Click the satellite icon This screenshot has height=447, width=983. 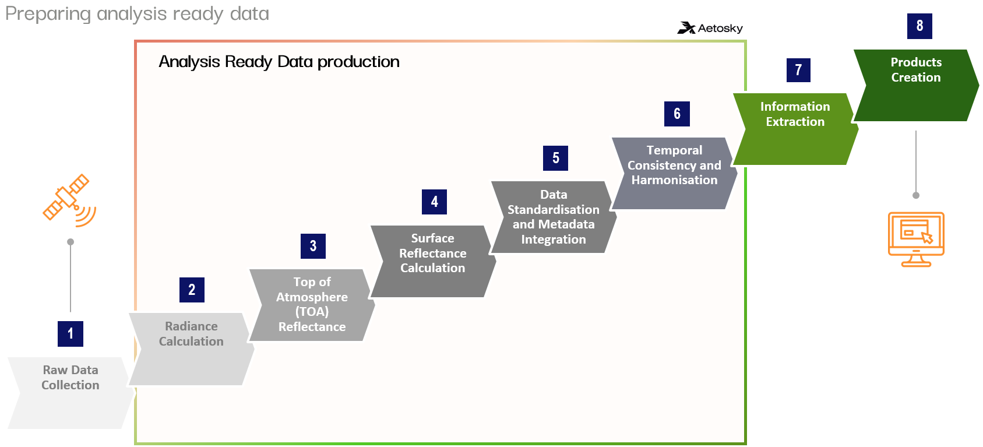point(69,200)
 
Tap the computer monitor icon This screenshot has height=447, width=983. point(915,238)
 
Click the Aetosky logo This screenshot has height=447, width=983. point(710,28)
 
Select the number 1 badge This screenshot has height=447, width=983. point(71,333)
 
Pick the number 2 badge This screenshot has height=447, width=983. point(192,290)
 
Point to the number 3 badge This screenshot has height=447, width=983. point(313,246)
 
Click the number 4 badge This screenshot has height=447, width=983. point(434,202)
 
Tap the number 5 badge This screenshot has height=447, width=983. point(555,158)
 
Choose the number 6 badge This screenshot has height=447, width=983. point(677,114)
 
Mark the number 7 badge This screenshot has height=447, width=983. point(798,70)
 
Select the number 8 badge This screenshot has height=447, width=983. point(919,26)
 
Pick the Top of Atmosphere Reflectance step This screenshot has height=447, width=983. point(312,305)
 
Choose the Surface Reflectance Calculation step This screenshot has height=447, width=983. point(433,261)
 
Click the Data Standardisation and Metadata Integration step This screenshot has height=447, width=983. point(554,217)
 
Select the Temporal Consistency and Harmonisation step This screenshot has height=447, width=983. point(674,173)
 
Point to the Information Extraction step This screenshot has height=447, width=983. point(795,129)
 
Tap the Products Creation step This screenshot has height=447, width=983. point(915,85)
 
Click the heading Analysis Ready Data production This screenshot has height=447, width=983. point(279,62)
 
